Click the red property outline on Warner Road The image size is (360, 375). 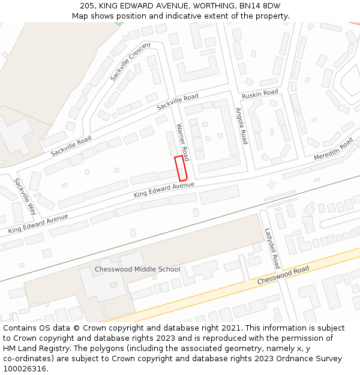(x=181, y=168)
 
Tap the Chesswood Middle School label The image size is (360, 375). (x=137, y=269)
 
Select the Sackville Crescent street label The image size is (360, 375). (x=131, y=62)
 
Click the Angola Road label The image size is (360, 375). (x=241, y=126)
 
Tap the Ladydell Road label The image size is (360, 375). (x=272, y=248)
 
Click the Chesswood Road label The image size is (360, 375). (x=283, y=275)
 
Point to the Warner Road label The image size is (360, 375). (x=182, y=142)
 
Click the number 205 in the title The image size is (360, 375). (x=87, y=6)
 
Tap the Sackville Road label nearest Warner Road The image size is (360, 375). (x=177, y=102)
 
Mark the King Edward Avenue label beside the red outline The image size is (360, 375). (x=164, y=190)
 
